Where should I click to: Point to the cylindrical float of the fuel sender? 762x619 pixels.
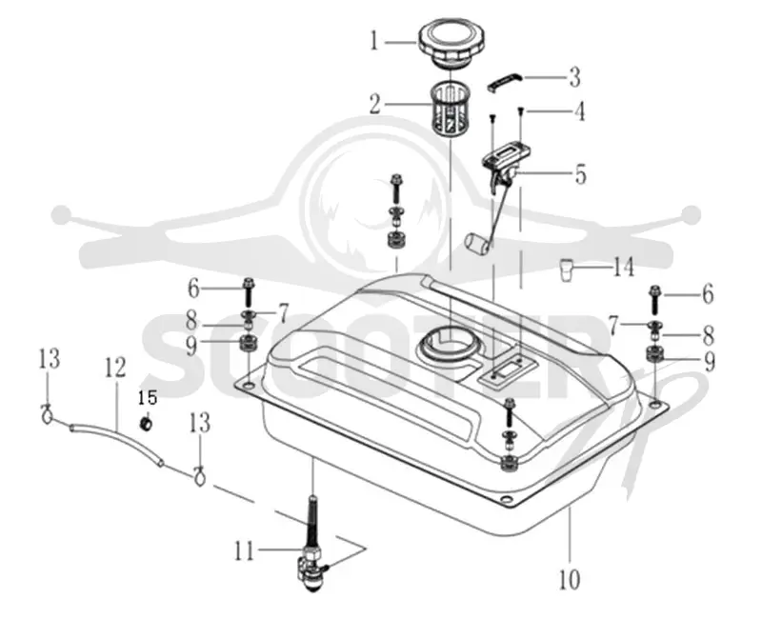[x=478, y=245]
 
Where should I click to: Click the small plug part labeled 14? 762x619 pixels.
[x=566, y=270]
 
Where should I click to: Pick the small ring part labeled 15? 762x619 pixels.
[x=146, y=424]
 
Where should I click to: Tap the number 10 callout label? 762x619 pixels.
[x=570, y=579]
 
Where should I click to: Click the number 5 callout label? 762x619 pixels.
[x=580, y=175]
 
